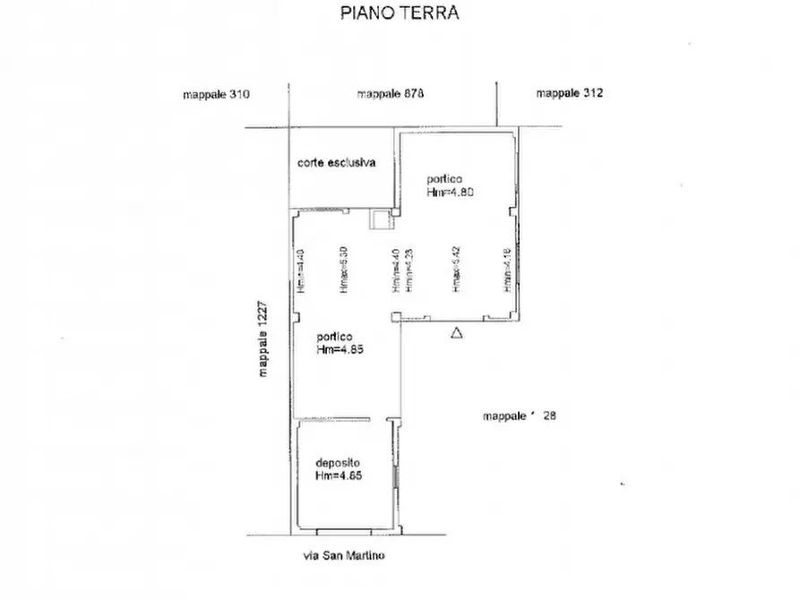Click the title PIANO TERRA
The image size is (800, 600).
(x=400, y=13)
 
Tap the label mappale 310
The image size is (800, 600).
(x=216, y=94)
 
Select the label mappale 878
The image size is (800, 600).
(x=390, y=94)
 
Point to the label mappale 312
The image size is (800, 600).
(x=570, y=93)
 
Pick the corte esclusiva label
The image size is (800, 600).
(x=336, y=163)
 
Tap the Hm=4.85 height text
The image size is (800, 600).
(x=340, y=350)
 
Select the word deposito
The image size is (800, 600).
(x=337, y=463)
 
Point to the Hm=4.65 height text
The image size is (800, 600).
(x=339, y=476)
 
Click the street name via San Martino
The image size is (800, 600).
(x=343, y=556)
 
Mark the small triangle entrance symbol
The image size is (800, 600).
(x=456, y=333)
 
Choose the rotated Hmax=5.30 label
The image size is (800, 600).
(x=343, y=270)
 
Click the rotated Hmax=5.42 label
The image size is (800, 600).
(x=456, y=270)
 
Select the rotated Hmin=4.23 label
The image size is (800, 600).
(x=408, y=271)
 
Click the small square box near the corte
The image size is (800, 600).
(x=380, y=219)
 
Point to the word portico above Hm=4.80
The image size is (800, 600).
(x=444, y=179)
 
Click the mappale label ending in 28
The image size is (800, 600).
(x=520, y=416)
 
